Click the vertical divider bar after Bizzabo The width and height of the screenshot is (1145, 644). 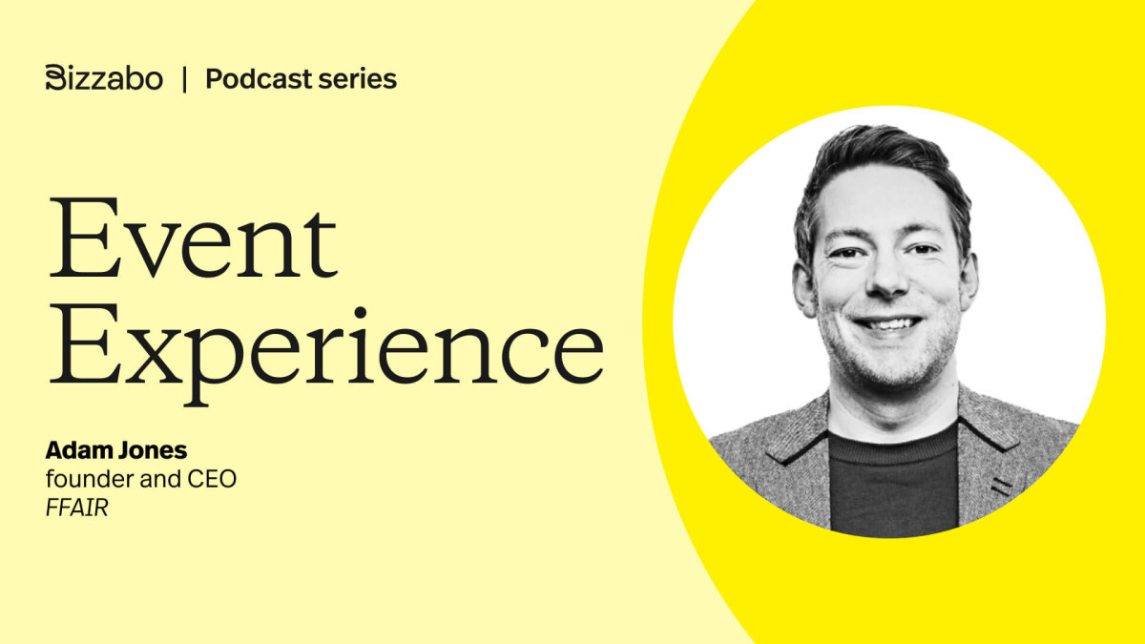184,79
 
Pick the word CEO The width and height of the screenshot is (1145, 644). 213,480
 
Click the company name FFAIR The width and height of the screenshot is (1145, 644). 77,508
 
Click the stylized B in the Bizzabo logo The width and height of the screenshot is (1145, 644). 54,78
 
